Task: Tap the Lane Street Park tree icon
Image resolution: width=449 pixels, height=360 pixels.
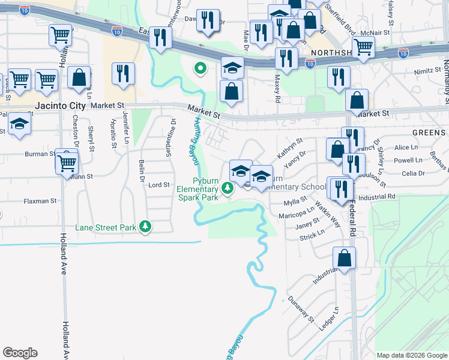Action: pyautogui.click(x=145, y=227)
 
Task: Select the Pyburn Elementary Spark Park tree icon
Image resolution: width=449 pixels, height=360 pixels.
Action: pyautogui.click(x=227, y=188)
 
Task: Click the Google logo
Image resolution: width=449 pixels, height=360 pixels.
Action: pyautogui.click(x=20, y=353)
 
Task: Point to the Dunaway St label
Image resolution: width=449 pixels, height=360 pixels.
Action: pyautogui.click(x=301, y=309)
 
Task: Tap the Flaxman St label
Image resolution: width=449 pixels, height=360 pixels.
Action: pyautogui.click(x=41, y=201)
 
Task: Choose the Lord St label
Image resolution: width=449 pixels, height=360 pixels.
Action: pyautogui.click(x=159, y=185)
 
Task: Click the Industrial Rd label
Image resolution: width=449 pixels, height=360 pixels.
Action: pyautogui.click(x=377, y=196)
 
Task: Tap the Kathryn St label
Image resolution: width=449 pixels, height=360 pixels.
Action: pyautogui.click(x=289, y=148)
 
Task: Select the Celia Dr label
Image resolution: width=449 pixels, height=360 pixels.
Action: pyautogui.click(x=413, y=173)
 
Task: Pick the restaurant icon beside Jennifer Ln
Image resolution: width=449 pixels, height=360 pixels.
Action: pyautogui.click(x=124, y=74)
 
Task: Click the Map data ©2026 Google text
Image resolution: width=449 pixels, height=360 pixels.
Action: pyautogui.click(x=412, y=355)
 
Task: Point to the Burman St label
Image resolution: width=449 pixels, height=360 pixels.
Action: pyautogui.click(x=40, y=154)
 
